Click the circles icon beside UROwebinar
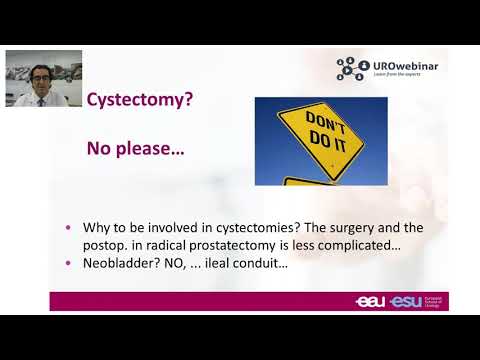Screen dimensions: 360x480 353,68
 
